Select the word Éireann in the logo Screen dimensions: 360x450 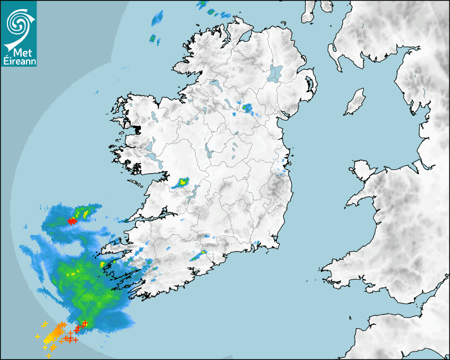click(x=19, y=61)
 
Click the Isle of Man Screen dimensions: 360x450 click(x=355, y=102)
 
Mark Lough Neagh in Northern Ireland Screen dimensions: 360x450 click(x=276, y=73)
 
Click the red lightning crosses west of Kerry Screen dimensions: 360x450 click(x=72, y=221)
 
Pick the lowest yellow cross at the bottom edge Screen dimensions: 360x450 click(x=48, y=356)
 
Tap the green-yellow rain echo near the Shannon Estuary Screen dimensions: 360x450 click(x=182, y=183)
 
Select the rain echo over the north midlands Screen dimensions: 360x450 click(x=247, y=109)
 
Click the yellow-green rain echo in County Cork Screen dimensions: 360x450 click(x=200, y=256)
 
